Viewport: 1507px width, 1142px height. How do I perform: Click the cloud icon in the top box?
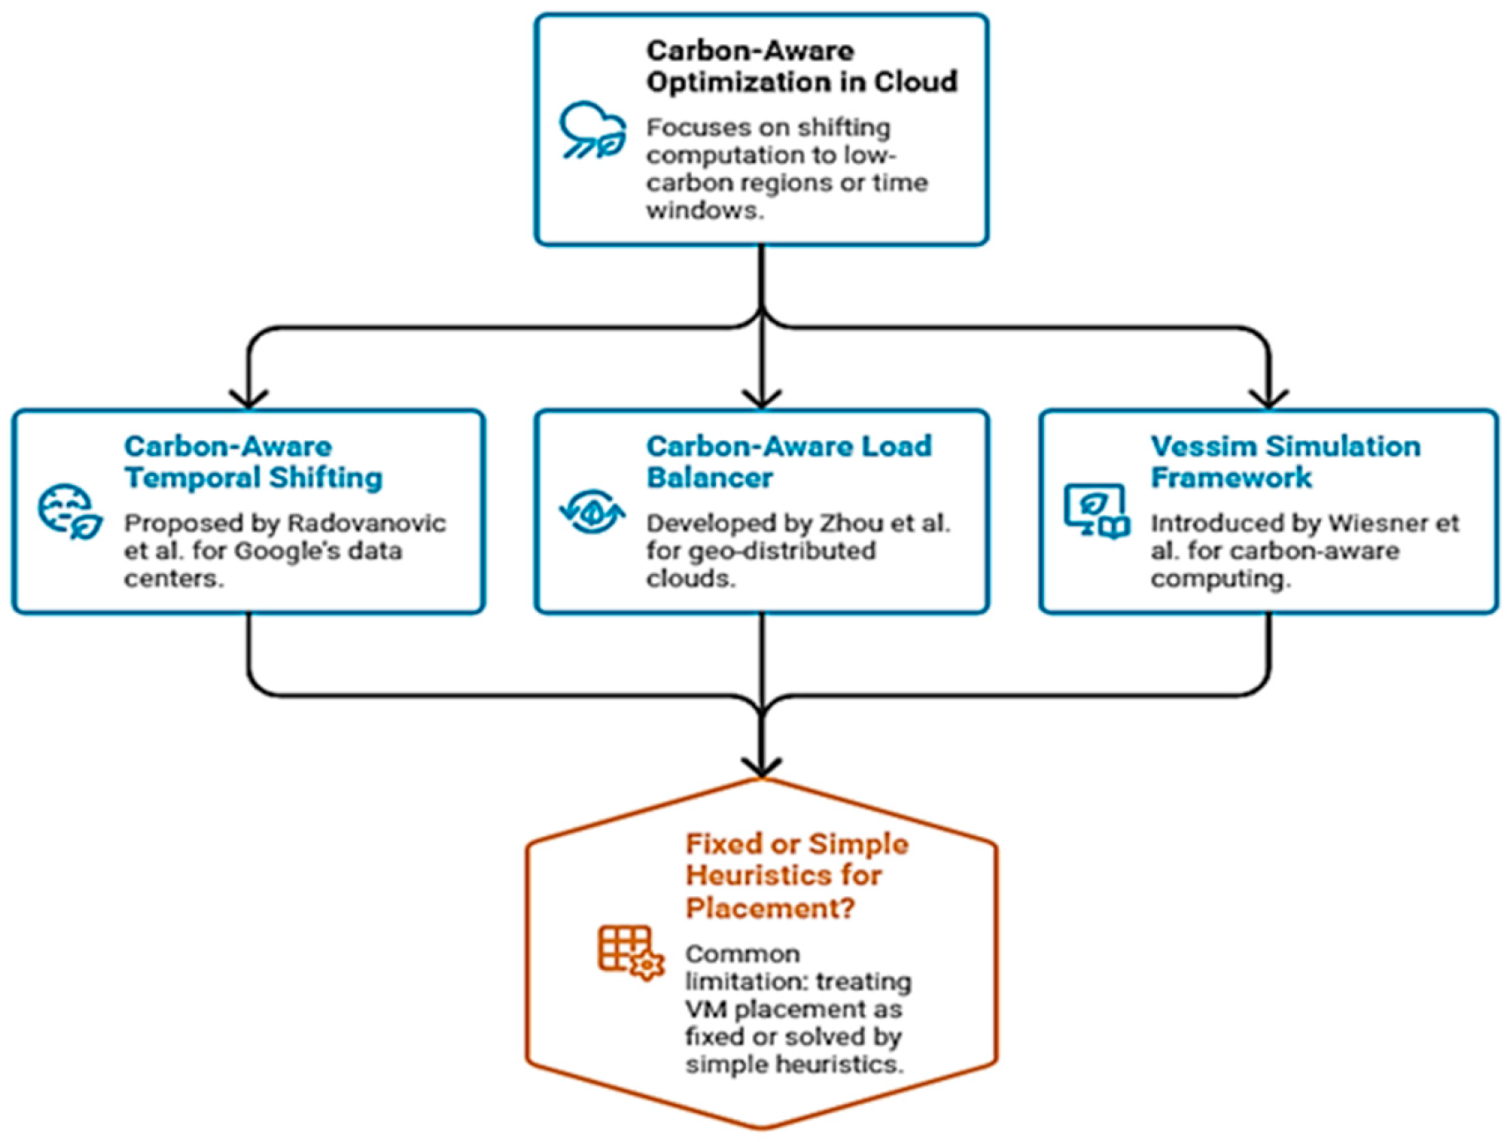(x=593, y=131)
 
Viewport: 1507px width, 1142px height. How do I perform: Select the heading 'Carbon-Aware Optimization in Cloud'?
(x=802, y=66)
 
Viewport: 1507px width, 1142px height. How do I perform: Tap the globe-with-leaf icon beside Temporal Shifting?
(x=70, y=511)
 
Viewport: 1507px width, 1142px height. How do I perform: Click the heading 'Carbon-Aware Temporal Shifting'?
(x=253, y=462)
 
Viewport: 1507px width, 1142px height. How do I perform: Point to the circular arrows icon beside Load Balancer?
(x=593, y=511)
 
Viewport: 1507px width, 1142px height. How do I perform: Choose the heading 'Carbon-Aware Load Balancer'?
(x=788, y=462)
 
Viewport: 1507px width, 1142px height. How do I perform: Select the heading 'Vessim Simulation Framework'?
(x=1285, y=462)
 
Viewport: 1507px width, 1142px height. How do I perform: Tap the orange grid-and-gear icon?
(x=630, y=953)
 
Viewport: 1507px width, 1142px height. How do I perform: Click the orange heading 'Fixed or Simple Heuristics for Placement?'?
(x=796, y=876)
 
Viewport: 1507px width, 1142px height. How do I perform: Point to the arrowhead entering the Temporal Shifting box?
(x=249, y=399)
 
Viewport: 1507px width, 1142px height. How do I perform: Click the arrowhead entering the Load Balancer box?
(x=762, y=399)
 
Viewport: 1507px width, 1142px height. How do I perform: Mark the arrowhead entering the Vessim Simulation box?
(x=1269, y=399)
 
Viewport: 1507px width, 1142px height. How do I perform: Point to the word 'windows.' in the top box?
(x=704, y=211)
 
